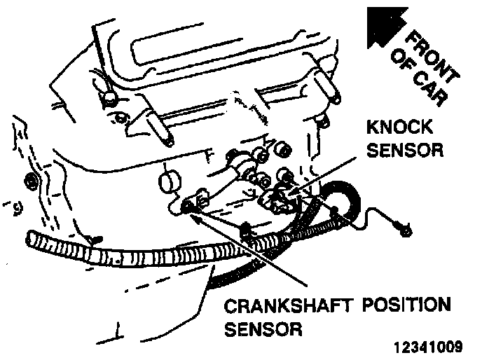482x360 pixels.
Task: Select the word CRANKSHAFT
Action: [x=292, y=306]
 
